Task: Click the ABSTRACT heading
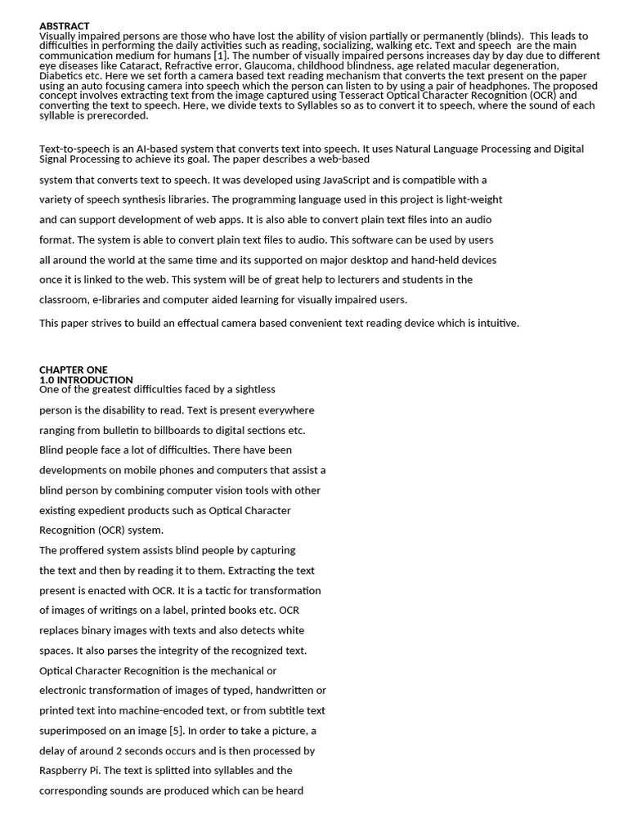pyautogui.click(x=65, y=26)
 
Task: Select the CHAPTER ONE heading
pyautogui.click(x=74, y=369)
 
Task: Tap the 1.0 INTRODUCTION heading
pyautogui.click(x=86, y=380)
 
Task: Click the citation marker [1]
pyautogui.click(x=221, y=56)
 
